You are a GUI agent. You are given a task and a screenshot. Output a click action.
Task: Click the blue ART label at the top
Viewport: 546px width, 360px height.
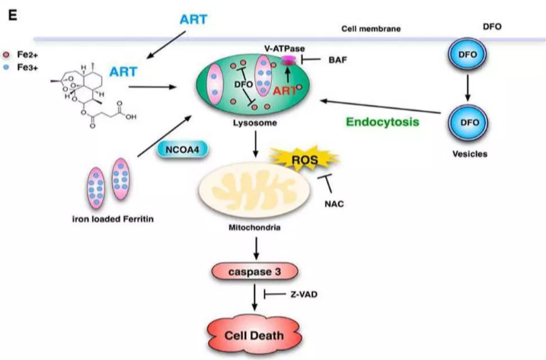pos(194,17)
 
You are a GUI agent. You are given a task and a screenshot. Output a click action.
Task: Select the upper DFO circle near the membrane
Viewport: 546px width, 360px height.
pos(464,57)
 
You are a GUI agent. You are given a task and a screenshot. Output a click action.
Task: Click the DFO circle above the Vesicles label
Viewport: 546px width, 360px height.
pos(464,121)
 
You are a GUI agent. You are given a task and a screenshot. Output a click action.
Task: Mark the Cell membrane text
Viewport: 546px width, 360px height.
pos(371,29)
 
